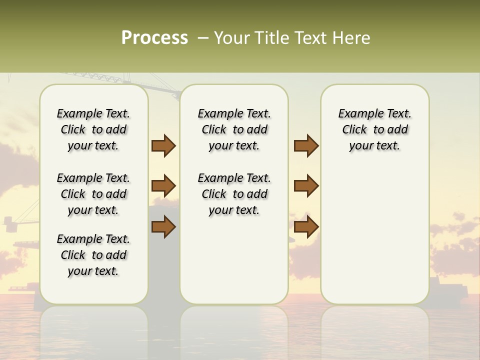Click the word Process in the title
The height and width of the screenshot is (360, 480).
[x=154, y=38]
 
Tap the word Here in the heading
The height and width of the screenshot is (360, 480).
[x=352, y=38]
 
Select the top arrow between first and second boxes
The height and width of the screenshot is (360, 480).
[x=163, y=146]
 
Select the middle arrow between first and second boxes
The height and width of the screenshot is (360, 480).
[x=163, y=186]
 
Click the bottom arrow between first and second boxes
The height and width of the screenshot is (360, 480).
[x=163, y=226]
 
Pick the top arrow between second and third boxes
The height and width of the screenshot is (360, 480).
[x=306, y=146]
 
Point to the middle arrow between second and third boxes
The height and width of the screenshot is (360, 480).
[x=306, y=186]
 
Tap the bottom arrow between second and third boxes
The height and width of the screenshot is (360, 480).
[x=306, y=226]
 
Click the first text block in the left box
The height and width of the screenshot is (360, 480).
[x=93, y=129]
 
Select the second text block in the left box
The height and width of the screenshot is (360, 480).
[x=93, y=194]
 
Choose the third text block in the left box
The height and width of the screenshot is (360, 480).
[x=93, y=255]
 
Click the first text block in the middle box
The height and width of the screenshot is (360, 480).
[x=234, y=129]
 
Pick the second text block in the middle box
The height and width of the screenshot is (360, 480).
[x=234, y=194]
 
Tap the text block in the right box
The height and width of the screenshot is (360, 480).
[x=374, y=129]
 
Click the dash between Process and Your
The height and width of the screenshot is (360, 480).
[x=202, y=38]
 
